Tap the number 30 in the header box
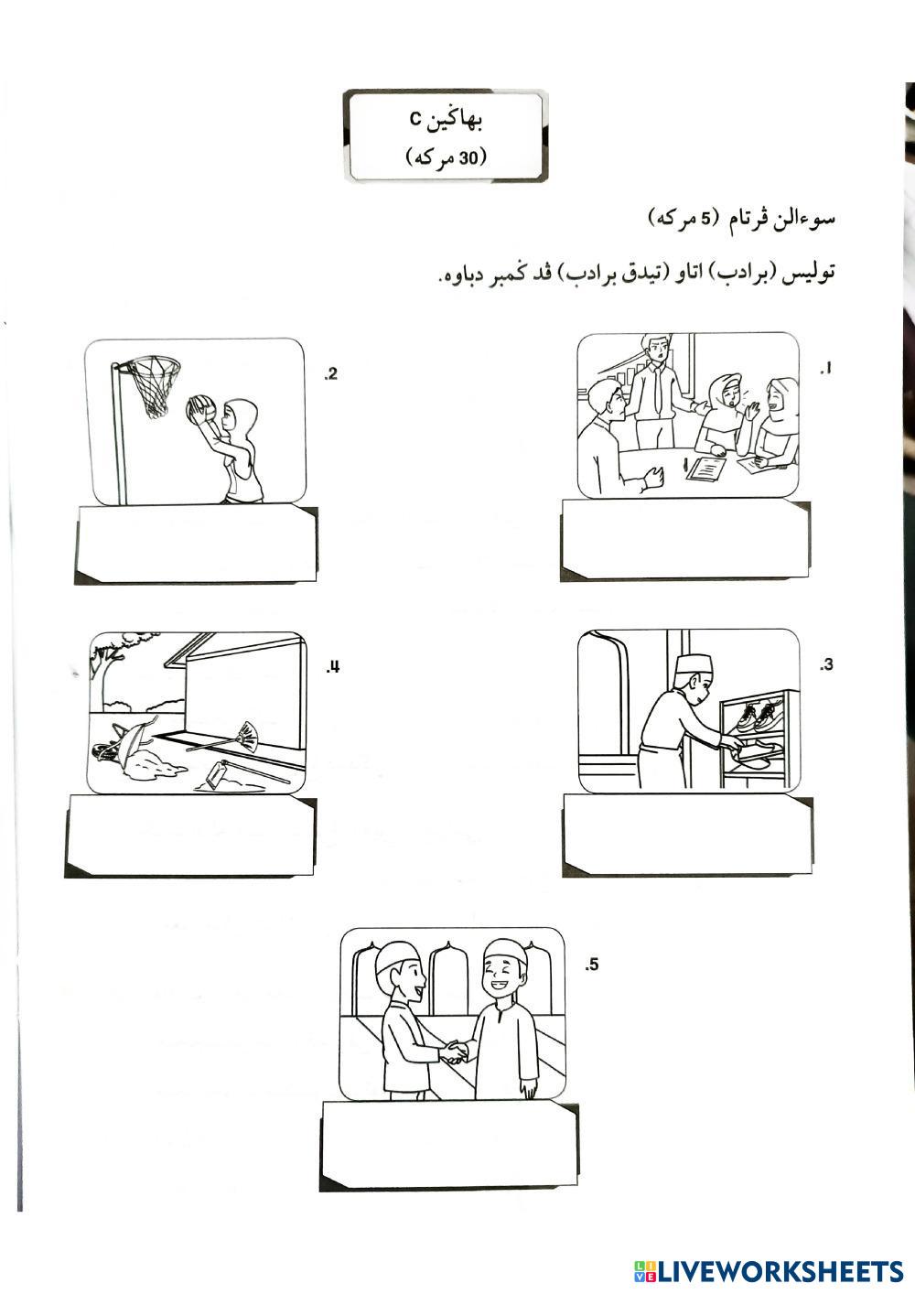469,157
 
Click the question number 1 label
826,369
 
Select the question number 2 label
331,374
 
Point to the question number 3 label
826,665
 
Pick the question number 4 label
333,668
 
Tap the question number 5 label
591,965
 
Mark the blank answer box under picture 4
190,836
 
